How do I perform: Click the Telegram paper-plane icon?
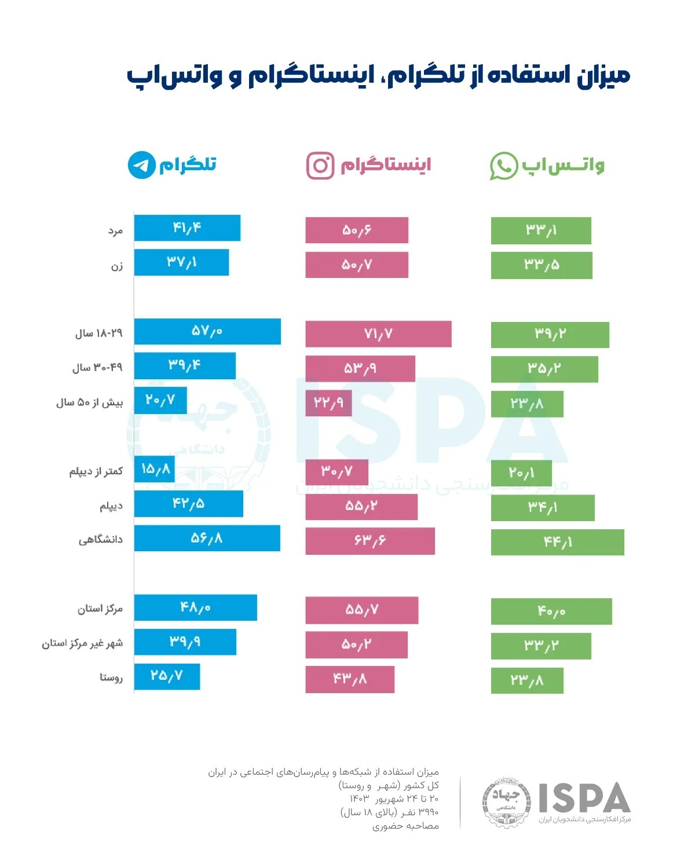(x=142, y=165)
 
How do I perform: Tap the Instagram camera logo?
(x=320, y=165)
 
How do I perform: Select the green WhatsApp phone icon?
(x=503, y=166)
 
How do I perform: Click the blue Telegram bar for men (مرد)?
(x=187, y=228)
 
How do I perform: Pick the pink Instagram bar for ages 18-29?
(x=378, y=334)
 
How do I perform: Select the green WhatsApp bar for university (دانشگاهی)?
(x=557, y=542)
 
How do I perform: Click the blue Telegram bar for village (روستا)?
(x=167, y=676)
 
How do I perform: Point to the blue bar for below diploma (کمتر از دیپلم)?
(x=155, y=469)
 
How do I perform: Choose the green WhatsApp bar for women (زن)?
(x=542, y=265)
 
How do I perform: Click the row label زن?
(x=117, y=266)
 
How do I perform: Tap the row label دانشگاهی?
(x=101, y=540)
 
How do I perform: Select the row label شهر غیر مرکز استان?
(x=82, y=643)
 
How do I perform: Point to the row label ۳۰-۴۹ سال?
(x=97, y=368)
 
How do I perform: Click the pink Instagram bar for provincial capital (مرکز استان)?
(x=361, y=610)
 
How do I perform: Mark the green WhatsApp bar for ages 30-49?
(x=544, y=369)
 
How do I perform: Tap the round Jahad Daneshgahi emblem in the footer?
(x=507, y=802)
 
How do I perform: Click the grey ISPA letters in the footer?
(x=584, y=798)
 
